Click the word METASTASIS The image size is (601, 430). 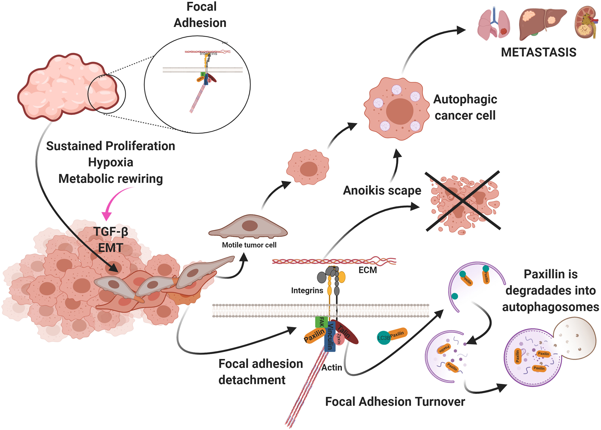(x=538, y=52)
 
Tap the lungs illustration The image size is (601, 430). (x=493, y=24)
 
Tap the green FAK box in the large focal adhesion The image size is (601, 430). (x=321, y=322)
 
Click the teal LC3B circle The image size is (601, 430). (x=384, y=338)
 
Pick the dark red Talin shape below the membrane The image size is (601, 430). (x=347, y=333)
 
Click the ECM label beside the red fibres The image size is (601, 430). (x=367, y=270)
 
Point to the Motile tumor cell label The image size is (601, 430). (x=249, y=245)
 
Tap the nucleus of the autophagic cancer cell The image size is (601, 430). (x=399, y=111)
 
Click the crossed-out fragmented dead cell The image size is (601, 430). (x=463, y=201)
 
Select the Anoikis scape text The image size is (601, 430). (x=382, y=190)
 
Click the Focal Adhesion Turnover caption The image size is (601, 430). (x=395, y=402)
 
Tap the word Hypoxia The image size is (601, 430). (x=110, y=162)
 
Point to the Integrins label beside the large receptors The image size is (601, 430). (x=307, y=290)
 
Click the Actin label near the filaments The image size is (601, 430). (x=331, y=367)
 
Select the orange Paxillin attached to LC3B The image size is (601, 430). (x=398, y=334)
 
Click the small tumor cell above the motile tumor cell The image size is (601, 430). (x=308, y=167)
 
